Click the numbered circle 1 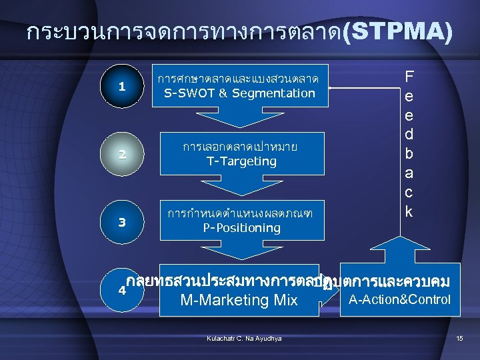(x=121, y=87)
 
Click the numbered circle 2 (x=121, y=155)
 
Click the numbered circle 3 (x=121, y=221)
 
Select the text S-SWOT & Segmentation (x=240, y=93)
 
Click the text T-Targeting (x=241, y=161)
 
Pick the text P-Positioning (x=241, y=228)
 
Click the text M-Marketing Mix (x=239, y=300)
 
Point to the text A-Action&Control (x=399, y=299)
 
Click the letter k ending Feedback (x=409, y=212)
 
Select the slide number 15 (x=459, y=339)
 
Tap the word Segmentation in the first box (x=273, y=93)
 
